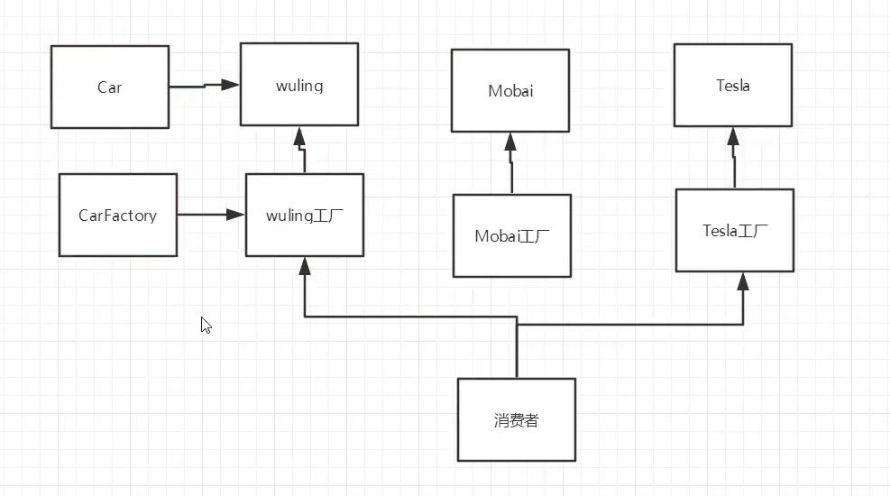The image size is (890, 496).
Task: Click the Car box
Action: [109, 87]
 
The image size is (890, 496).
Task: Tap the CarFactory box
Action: [117, 215]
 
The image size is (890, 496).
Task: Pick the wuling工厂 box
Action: [305, 215]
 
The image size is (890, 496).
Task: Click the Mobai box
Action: [509, 90]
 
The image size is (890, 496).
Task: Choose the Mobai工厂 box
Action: [511, 235]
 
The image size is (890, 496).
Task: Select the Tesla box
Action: [733, 86]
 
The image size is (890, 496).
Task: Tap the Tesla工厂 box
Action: [735, 230]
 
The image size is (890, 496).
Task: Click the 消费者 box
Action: [516, 419]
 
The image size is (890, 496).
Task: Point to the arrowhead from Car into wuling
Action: [230, 84]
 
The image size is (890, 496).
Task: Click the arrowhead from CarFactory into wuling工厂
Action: [235, 215]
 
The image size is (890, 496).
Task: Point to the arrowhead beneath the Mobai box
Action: [509, 142]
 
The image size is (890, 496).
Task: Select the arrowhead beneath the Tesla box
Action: [733, 136]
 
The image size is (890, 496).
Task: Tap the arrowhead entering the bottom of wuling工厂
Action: [305, 266]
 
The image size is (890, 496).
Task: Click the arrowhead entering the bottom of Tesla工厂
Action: [743, 281]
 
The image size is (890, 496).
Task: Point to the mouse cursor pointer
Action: [206, 325]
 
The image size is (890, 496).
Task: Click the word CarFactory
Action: [117, 215]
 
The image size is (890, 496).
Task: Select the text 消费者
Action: [516, 419]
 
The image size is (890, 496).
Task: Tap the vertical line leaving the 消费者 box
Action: [517, 352]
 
